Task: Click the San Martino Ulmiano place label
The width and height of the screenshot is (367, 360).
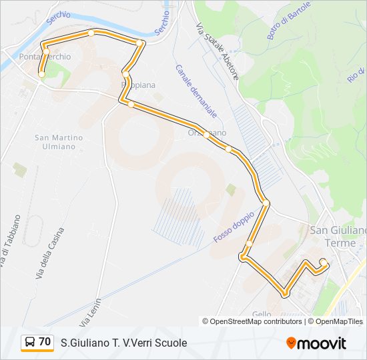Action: tap(59, 142)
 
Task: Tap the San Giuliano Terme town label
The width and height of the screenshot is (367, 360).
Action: tap(339, 236)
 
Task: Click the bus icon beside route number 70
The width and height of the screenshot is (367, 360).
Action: tap(29, 343)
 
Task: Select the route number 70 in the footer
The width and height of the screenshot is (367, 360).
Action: tap(45, 342)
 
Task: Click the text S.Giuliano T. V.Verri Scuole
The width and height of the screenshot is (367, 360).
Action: tap(123, 343)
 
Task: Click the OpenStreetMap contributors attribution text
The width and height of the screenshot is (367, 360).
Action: tap(252, 321)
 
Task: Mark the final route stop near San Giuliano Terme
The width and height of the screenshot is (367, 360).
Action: tap(323, 261)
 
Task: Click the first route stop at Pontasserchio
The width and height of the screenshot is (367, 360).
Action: tap(42, 75)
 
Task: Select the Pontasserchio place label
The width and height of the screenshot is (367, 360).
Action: tap(45, 57)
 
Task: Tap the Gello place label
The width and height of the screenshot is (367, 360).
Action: tap(261, 314)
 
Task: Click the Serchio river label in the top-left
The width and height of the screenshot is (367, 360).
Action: tap(59, 19)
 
